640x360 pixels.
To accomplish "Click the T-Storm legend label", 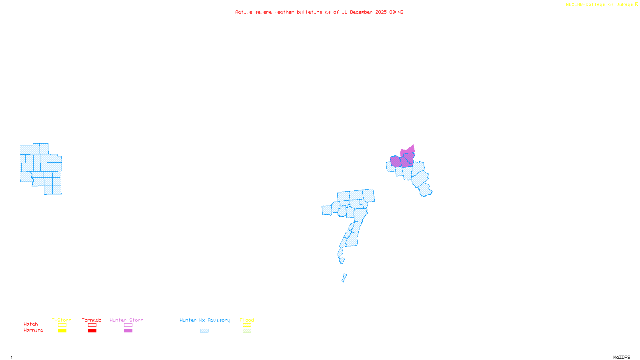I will [62, 320].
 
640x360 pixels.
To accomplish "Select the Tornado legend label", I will [92, 320].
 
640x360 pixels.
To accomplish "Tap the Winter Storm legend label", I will [126, 320].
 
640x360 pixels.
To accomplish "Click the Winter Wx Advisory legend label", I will [205, 320].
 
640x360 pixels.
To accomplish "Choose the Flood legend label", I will [247, 320].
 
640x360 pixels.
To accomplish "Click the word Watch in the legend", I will [31, 324].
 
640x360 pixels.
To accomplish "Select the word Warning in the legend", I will [34, 330].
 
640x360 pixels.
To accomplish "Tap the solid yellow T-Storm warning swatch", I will [62, 331].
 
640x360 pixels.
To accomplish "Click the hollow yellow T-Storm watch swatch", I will [62, 325].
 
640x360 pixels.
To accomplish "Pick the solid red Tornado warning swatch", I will [92, 331].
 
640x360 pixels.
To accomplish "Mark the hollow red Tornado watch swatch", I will [92, 325].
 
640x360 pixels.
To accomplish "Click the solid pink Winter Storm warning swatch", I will [128, 331].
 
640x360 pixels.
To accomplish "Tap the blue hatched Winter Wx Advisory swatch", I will [204, 331].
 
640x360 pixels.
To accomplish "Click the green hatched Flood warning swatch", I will [247, 331].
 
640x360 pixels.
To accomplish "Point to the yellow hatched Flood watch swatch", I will [247, 325].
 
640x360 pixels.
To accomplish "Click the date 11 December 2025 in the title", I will [364, 12].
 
